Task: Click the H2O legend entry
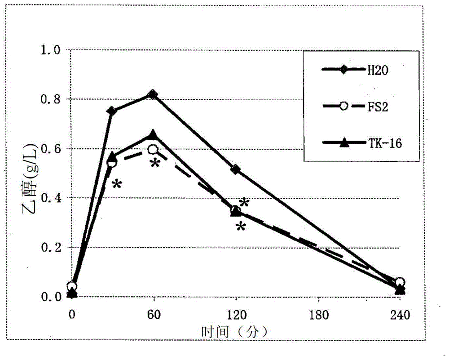click(x=355, y=70)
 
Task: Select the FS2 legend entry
click(x=355, y=106)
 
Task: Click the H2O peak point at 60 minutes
click(x=153, y=95)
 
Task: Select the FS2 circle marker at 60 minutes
click(x=153, y=149)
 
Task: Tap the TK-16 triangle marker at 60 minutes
click(x=153, y=134)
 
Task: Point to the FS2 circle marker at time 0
click(x=71, y=286)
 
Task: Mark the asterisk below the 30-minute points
click(x=116, y=184)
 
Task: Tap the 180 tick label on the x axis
click(x=317, y=314)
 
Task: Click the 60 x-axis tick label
click(x=154, y=314)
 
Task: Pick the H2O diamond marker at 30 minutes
click(x=112, y=111)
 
